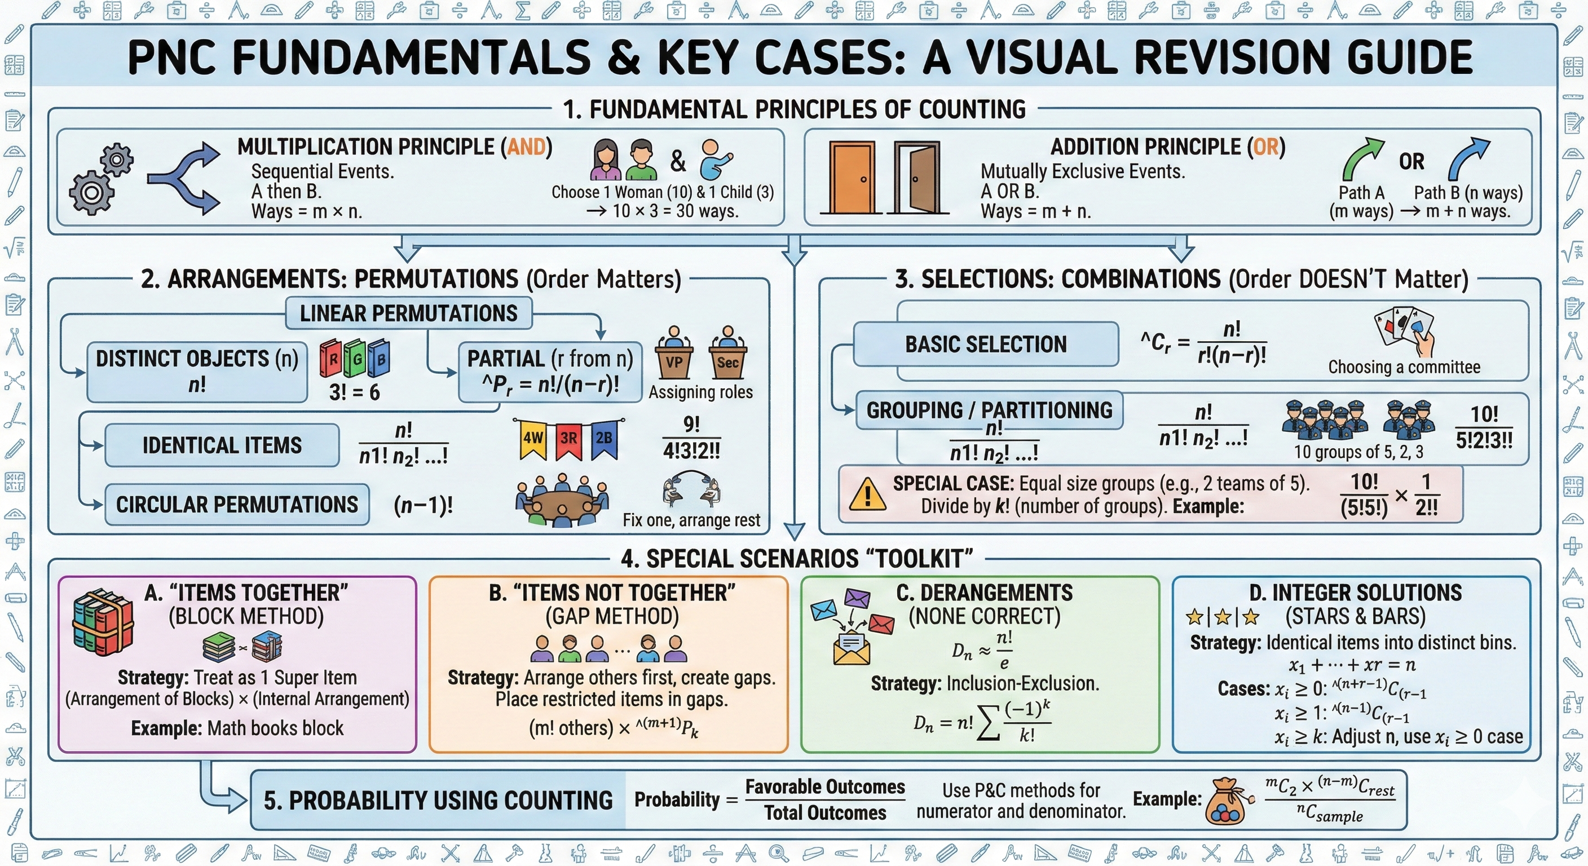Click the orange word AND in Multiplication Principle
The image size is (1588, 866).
526,147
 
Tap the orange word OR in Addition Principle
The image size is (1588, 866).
1265,147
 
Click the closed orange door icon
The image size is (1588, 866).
852,178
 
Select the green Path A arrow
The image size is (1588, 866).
1361,158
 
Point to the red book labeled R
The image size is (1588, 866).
331,359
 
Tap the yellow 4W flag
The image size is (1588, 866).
532,439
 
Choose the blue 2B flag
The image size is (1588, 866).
603,439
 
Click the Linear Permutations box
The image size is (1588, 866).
409,313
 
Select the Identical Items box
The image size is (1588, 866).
222,445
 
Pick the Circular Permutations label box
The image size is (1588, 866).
237,505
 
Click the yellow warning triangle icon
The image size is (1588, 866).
867,494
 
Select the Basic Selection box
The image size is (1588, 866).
986,344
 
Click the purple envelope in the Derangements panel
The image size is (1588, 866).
857,598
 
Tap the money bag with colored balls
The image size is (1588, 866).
1229,801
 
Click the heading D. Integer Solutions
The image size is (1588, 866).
1355,593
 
